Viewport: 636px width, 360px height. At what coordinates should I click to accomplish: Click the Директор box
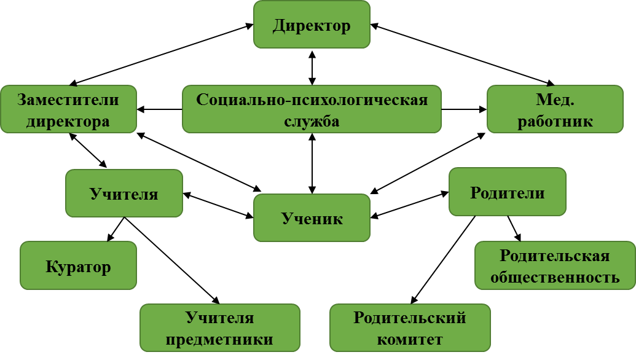point(312,25)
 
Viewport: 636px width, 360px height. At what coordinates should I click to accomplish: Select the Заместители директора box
point(69,109)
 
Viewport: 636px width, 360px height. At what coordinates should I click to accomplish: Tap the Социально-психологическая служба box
point(312,109)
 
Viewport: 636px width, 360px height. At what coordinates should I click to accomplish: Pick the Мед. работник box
point(555,109)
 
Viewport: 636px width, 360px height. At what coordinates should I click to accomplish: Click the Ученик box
point(312,217)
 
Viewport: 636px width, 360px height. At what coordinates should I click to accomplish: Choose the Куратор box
point(78,265)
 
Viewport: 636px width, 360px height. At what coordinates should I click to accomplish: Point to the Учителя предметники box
point(220,328)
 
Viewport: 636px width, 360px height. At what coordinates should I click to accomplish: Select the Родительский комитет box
point(410,328)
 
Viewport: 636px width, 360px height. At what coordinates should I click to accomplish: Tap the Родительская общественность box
point(555,265)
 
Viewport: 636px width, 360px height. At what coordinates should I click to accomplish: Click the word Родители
point(507,192)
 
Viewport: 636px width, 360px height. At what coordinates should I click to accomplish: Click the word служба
point(312,121)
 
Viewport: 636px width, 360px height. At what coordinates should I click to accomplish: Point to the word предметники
point(219,339)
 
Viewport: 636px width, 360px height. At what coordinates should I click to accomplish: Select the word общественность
point(555,277)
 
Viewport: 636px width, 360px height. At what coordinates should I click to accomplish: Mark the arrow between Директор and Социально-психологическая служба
point(312,68)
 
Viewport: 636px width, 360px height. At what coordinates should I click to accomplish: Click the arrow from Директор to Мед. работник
point(463,55)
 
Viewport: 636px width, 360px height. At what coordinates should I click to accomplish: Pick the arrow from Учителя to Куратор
point(116,230)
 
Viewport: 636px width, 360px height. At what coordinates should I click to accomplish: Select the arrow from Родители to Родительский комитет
point(442,260)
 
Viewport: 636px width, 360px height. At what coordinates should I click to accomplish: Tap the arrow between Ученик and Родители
point(410,205)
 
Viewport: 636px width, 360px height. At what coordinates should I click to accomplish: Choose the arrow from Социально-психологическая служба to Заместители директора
point(159,109)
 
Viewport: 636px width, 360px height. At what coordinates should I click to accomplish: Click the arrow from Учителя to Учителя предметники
point(172,260)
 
